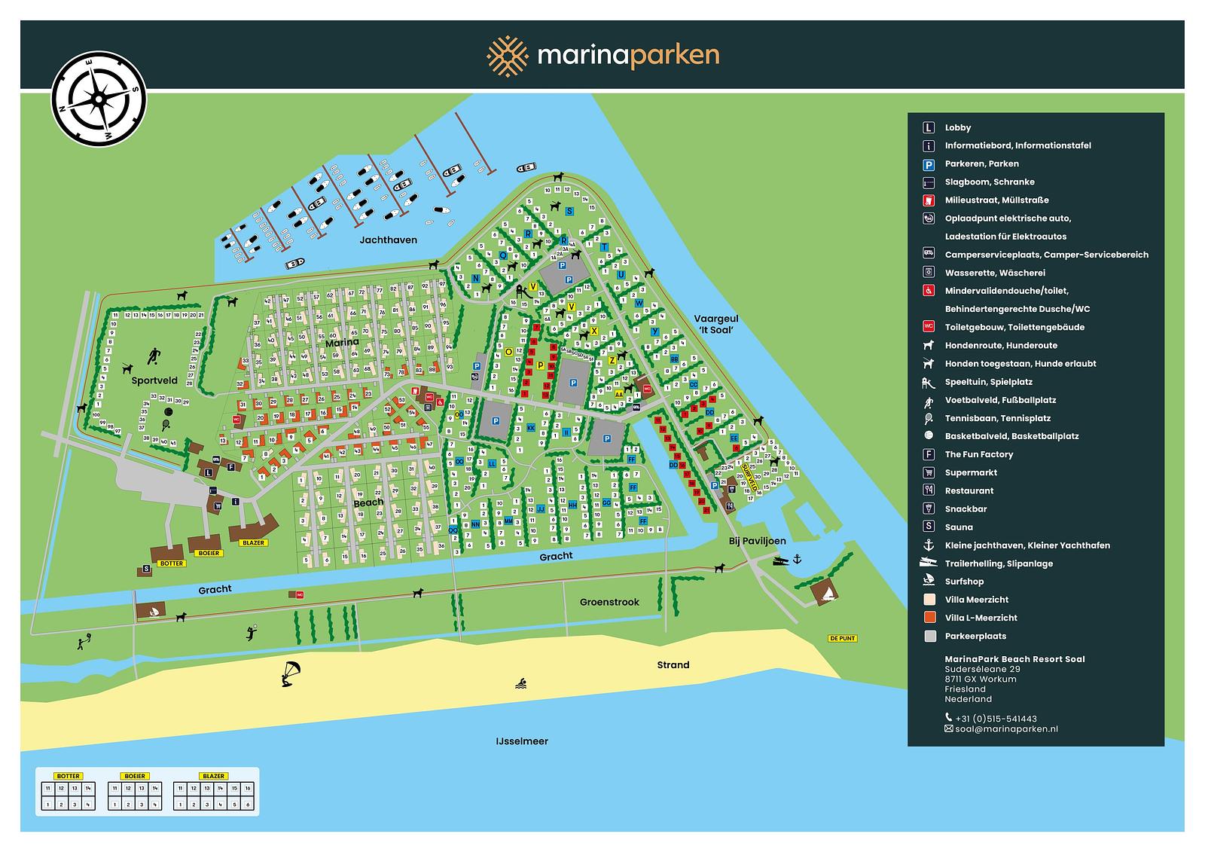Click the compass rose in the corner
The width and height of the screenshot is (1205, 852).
[98, 97]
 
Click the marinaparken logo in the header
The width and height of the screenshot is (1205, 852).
[602, 56]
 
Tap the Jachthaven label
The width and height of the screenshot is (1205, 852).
[388, 240]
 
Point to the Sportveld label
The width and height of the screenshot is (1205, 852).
[154, 381]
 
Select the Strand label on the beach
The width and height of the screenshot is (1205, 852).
[673, 664]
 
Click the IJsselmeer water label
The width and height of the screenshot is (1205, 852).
[522, 741]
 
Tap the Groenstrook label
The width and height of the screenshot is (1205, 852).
[609, 602]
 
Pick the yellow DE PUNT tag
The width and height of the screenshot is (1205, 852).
[842, 638]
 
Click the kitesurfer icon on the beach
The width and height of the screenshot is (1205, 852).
[289, 673]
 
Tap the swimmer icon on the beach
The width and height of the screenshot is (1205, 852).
[521, 684]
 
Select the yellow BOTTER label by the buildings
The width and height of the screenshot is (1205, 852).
[172, 563]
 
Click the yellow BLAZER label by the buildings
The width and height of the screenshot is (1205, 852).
[253, 542]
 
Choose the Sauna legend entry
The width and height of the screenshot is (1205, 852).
[958, 527]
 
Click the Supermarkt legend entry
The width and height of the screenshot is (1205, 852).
[970, 472]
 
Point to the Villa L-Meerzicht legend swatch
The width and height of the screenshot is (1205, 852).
[929, 618]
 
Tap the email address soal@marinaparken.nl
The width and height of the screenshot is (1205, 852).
[1005, 729]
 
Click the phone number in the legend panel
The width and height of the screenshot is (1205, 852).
[995, 719]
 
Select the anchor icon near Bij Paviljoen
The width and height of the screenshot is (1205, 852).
[798, 558]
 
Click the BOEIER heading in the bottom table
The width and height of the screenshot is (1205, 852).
[134, 776]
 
